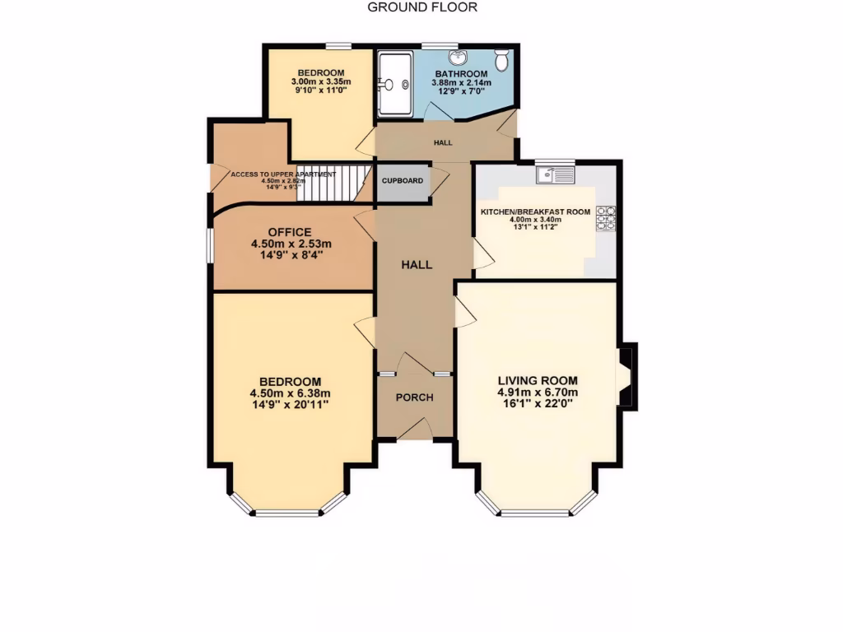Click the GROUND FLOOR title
(421, 7)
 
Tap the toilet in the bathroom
(501, 58)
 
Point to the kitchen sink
(553, 174)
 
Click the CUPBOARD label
(402, 181)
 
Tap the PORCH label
(415, 397)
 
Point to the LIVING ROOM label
(538, 381)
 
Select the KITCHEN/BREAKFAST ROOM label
(536, 211)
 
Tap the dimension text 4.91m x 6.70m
(538, 393)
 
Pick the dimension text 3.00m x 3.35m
(321, 82)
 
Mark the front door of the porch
(415, 428)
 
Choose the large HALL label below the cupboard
(417, 264)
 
